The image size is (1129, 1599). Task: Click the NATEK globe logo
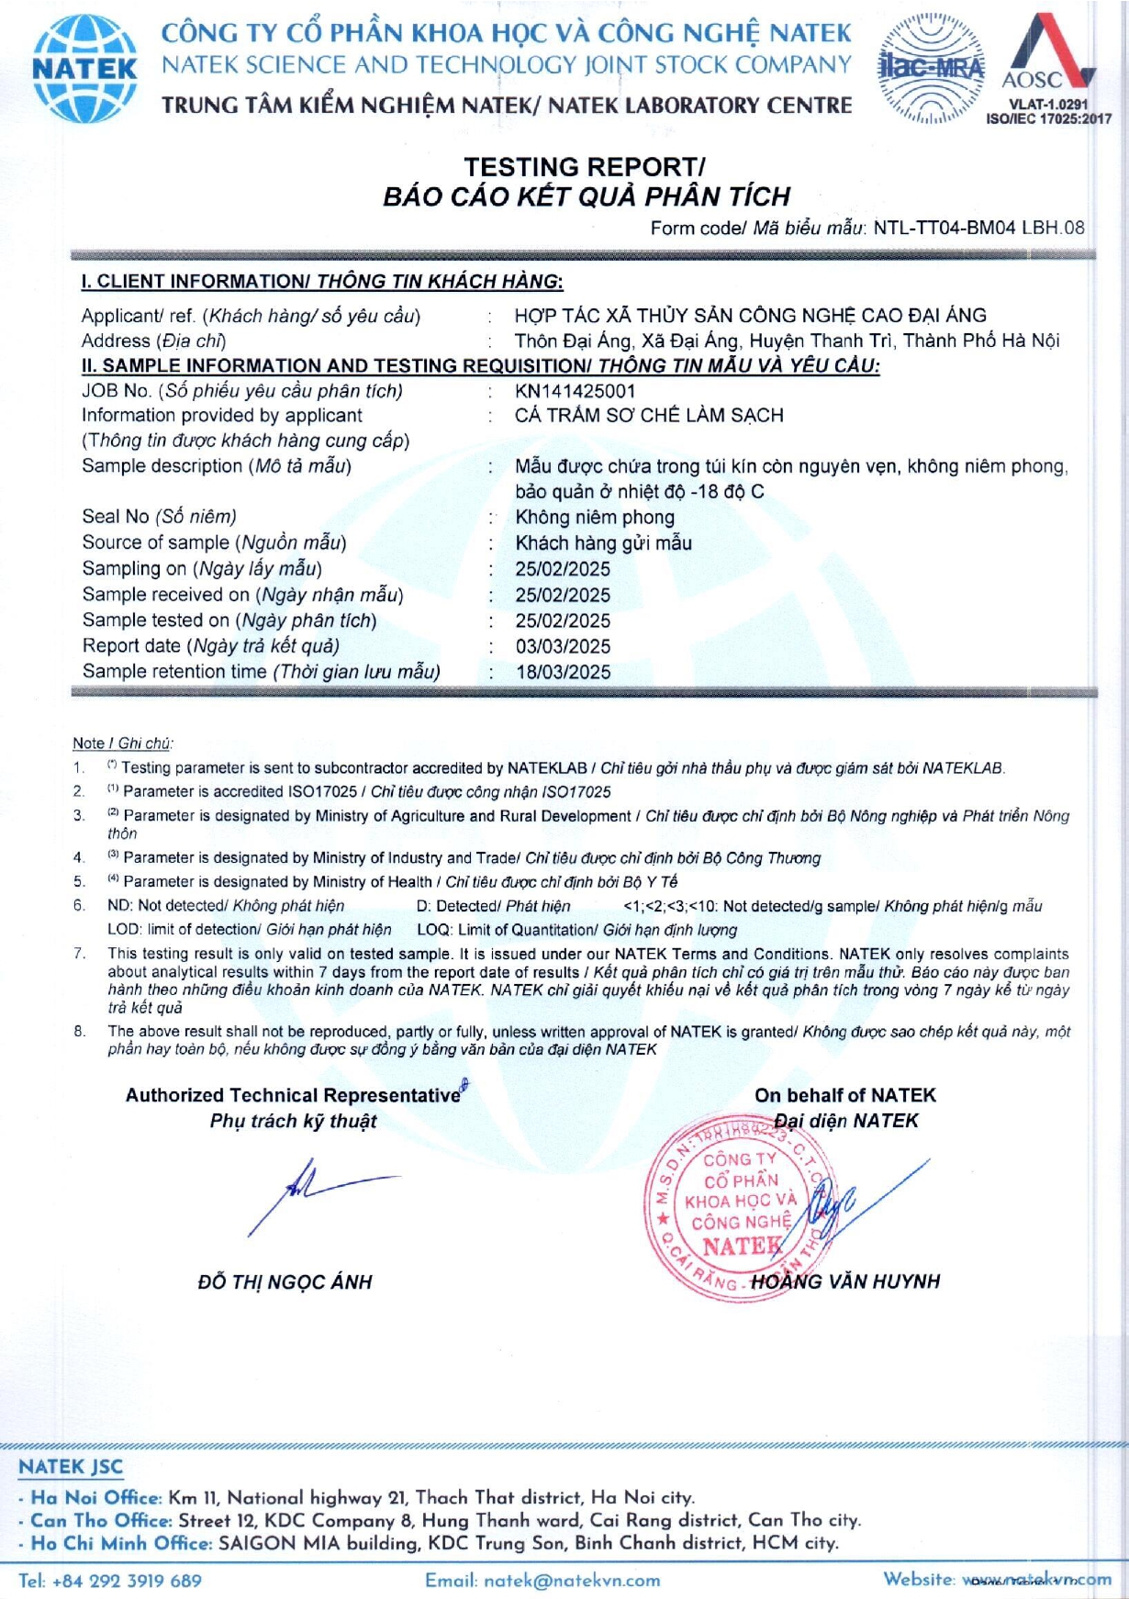[x=84, y=69]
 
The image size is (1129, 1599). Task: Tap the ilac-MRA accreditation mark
[x=931, y=68]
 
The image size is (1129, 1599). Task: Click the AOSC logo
[x=1048, y=55]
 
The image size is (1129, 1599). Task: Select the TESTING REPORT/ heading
[x=584, y=167]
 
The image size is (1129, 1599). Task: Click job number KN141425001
[x=576, y=391]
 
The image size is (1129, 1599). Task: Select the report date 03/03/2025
[x=563, y=646]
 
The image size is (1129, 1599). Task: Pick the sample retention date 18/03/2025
[x=563, y=672]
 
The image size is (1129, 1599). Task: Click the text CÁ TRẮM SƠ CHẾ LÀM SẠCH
[x=649, y=415]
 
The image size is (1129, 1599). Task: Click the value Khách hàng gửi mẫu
[x=603, y=542]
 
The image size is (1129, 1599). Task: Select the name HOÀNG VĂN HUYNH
[x=845, y=1281]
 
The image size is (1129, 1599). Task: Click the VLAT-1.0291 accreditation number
[x=1048, y=105]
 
